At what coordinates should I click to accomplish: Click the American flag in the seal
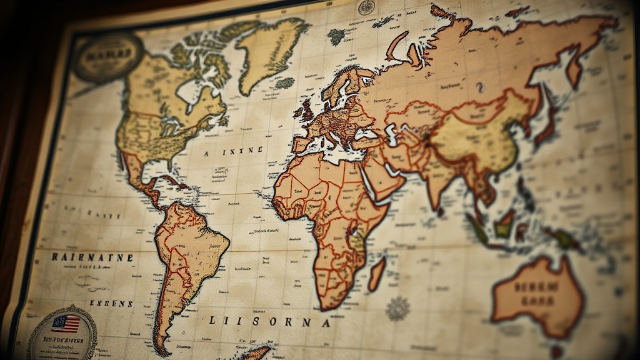click(66, 324)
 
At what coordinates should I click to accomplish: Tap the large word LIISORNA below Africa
click(268, 322)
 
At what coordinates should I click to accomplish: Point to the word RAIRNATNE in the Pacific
click(92, 257)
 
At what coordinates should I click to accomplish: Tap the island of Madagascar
click(377, 274)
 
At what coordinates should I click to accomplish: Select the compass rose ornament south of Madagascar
click(397, 308)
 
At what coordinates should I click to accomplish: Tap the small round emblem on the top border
click(366, 7)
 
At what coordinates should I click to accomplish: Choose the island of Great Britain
click(307, 111)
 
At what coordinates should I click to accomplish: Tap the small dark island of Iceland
click(336, 37)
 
